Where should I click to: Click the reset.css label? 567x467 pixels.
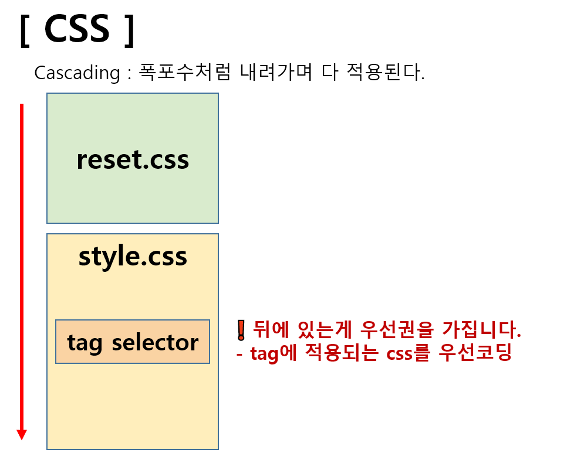tap(133, 159)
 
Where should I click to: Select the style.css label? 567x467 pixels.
tap(133, 256)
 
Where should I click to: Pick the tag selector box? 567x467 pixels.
tap(133, 342)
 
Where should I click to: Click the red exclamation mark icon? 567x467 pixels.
tap(240, 331)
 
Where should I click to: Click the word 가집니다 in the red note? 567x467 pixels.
tap(481, 330)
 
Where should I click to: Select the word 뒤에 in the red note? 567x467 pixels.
tap(268, 330)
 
